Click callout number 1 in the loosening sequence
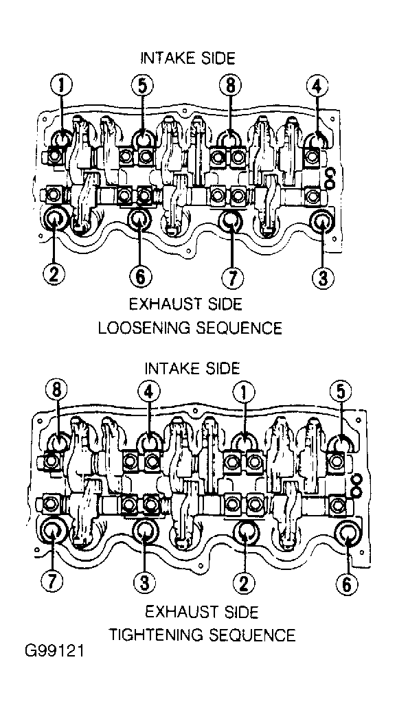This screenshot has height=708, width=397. point(61,85)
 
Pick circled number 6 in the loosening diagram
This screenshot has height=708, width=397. point(140,276)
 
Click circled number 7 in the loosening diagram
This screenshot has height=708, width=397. point(232,276)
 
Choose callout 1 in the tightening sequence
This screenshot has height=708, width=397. point(244,393)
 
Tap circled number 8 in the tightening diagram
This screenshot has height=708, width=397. point(57,391)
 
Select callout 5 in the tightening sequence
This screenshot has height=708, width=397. point(341,391)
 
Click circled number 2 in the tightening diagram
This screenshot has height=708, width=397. point(244,584)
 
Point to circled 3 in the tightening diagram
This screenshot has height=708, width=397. point(144,584)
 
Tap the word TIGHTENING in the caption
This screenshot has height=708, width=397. point(159,635)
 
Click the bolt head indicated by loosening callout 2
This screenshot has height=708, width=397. point(55,218)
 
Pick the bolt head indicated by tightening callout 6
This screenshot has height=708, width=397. point(348,534)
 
